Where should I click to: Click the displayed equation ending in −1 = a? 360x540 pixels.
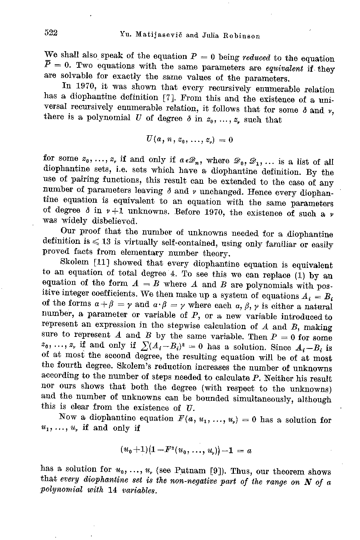(x=186, y=450)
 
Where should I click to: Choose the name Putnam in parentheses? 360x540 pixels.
(x=188, y=471)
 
